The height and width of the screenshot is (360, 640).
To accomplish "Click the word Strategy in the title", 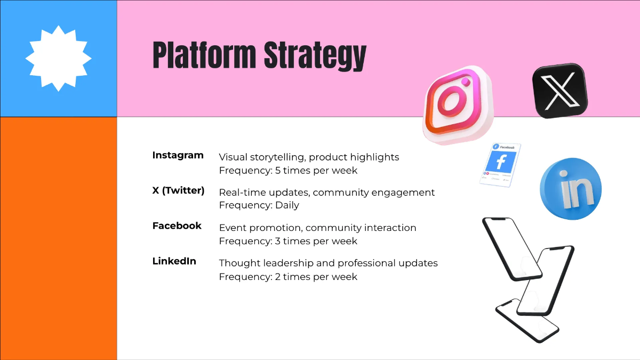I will tap(315, 56).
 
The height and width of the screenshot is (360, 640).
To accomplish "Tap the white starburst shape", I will tap(59, 58).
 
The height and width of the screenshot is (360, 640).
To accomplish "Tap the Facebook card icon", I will tap(500, 164).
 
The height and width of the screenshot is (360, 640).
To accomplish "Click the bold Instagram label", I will tap(178, 155).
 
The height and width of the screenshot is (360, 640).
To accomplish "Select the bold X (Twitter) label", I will tap(178, 190).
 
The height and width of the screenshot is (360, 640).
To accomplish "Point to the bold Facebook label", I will tap(177, 226).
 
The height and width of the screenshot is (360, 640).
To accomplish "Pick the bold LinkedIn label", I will tap(174, 261).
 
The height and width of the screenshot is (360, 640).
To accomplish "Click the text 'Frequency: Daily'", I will tap(259, 205).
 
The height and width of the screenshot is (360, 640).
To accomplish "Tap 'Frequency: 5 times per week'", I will tap(288, 171).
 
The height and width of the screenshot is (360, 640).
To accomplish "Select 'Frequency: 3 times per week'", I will tap(288, 241).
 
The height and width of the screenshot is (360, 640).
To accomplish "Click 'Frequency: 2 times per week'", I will tap(288, 277).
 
